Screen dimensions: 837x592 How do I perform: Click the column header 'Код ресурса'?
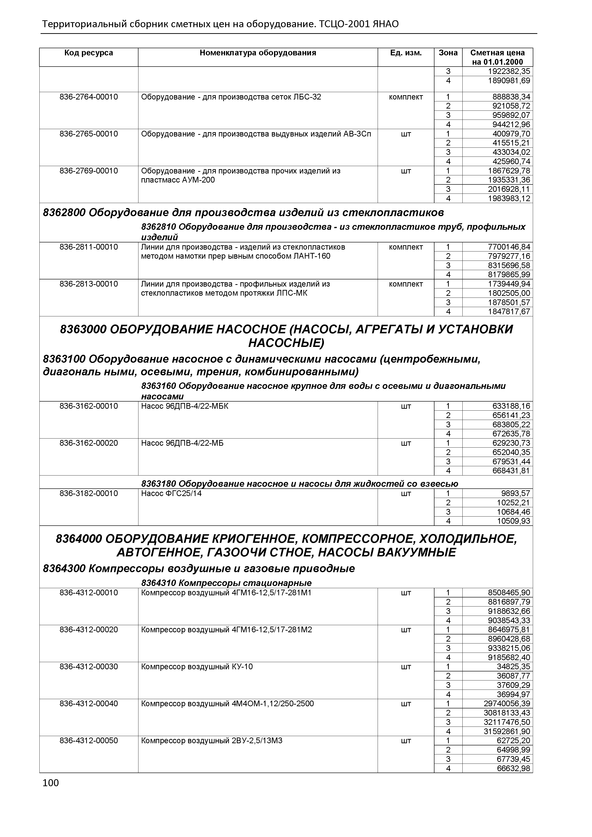click(89, 53)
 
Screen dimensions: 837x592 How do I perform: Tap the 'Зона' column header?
click(448, 53)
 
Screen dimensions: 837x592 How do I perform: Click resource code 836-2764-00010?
click(89, 97)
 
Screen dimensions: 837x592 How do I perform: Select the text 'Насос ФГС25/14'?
click(171, 494)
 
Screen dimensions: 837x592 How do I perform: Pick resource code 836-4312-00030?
click(89, 667)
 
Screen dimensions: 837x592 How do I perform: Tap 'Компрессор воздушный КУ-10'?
click(197, 667)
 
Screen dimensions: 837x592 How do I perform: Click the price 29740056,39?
click(507, 704)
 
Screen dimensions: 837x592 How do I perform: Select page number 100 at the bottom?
click(50, 783)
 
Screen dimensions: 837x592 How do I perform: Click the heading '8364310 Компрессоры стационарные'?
click(226, 583)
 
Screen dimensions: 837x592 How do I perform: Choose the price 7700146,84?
click(509, 247)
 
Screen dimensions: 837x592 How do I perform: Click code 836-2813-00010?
click(89, 284)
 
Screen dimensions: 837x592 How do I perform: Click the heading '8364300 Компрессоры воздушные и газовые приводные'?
click(199, 568)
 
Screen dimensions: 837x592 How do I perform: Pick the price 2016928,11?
click(509, 189)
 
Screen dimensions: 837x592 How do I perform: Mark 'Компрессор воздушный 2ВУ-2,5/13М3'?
click(211, 741)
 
